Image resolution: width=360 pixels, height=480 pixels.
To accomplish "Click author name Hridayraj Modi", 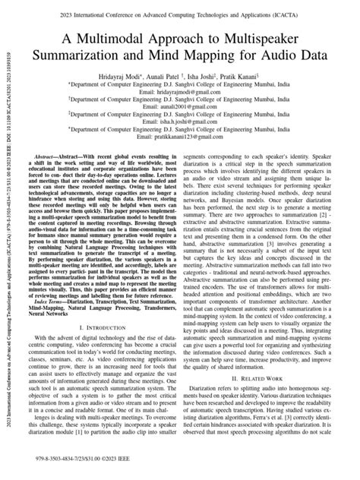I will (134, 74).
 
